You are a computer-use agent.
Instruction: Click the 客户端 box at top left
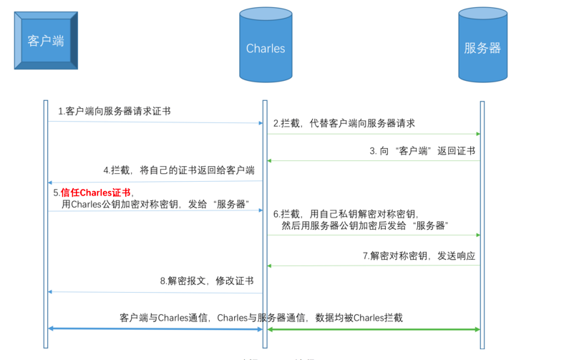(x=46, y=41)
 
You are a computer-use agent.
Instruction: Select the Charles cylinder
(x=266, y=47)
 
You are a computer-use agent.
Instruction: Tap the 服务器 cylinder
(x=482, y=47)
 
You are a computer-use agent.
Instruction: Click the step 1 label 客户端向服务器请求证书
(x=115, y=111)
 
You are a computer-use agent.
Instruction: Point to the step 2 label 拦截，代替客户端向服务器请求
(x=344, y=123)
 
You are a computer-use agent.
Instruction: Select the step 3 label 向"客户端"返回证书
(x=422, y=151)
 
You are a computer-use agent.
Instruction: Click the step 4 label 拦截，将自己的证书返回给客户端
(x=178, y=170)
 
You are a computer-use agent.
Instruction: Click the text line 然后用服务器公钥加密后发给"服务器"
(x=365, y=225)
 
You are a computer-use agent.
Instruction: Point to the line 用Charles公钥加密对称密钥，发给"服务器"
(x=154, y=204)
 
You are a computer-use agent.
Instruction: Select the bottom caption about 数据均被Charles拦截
(x=261, y=317)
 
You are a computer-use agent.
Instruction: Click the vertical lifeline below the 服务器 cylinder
(x=482, y=215)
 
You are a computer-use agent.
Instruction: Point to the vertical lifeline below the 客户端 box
(x=46, y=215)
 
